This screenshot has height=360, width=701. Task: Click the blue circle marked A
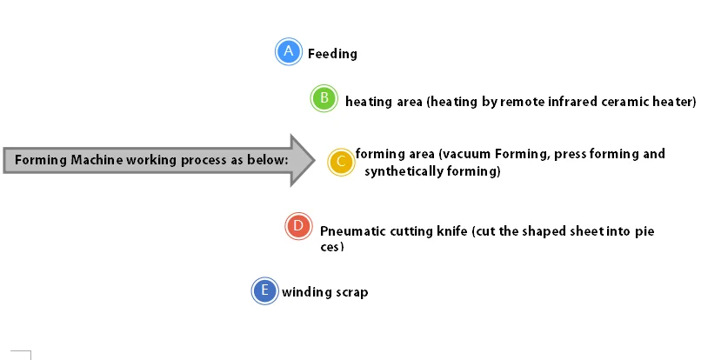[288, 52]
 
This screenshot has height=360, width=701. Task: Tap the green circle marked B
[324, 98]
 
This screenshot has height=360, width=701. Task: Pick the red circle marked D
[298, 227]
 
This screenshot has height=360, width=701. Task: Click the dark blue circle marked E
[264, 290]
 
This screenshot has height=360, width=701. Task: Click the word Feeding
[332, 54]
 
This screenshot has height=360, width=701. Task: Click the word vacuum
[465, 155]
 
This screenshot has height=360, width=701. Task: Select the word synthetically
[407, 171]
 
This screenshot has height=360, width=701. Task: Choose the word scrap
[351, 292]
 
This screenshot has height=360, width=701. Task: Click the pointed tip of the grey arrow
[313, 161]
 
